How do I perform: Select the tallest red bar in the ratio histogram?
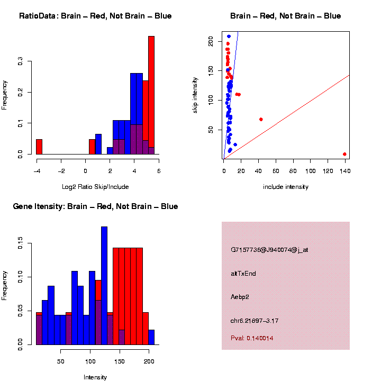pyautogui.click(x=151, y=95)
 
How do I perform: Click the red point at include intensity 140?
pyautogui.click(x=344, y=154)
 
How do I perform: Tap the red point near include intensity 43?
pyautogui.click(x=261, y=119)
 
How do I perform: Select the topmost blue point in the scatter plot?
pyautogui.click(x=229, y=37)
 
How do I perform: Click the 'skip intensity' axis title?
pyautogui.click(x=195, y=95)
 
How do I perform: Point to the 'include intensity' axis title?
pyautogui.click(x=286, y=187)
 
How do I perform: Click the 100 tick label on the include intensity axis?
pyautogui.click(x=311, y=171)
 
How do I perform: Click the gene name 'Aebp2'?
pyautogui.click(x=240, y=297)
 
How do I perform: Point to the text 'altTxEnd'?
pyautogui.click(x=243, y=274)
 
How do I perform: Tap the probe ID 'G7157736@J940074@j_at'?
pyautogui.click(x=269, y=250)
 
